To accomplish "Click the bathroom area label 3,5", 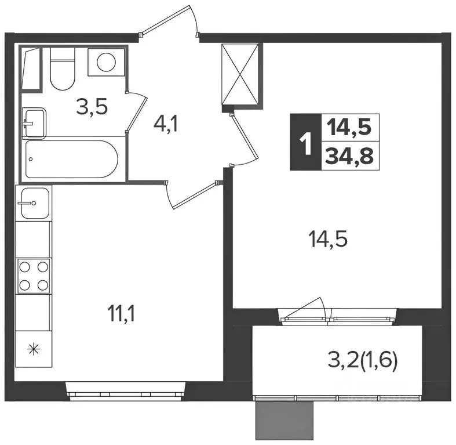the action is [x=92, y=107].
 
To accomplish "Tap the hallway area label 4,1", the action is [x=166, y=125].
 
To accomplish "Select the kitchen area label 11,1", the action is [x=121, y=314].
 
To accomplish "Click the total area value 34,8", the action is [x=349, y=156].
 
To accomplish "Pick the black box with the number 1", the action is [x=306, y=142].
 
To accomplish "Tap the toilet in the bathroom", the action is [x=62, y=68].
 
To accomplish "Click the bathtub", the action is [x=72, y=159].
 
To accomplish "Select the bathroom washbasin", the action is [x=34, y=123].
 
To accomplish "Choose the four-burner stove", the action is [x=34, y=276].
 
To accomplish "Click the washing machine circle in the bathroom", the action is [x=106, y=61].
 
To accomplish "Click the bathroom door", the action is [x=137, y=111].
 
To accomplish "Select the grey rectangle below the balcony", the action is [x=284, y=420].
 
